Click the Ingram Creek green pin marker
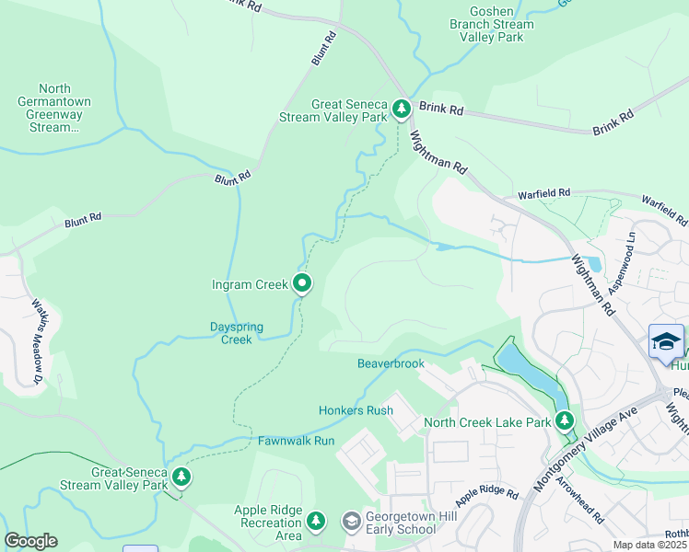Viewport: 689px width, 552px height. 301,285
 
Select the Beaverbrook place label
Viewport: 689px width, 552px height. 391,363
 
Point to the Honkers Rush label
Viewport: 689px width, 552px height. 356,410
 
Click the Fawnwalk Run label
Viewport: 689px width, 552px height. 296,441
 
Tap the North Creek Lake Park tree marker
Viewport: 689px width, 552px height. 564,422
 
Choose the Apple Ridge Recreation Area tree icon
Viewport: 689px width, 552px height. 316,522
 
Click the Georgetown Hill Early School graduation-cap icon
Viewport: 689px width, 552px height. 351,522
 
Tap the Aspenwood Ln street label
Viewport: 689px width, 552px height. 631,248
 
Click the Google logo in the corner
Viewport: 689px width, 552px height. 30,541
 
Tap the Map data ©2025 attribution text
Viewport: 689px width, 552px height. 649,545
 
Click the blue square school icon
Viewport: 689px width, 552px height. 666,341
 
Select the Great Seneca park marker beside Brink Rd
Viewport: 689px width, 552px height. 401,109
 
